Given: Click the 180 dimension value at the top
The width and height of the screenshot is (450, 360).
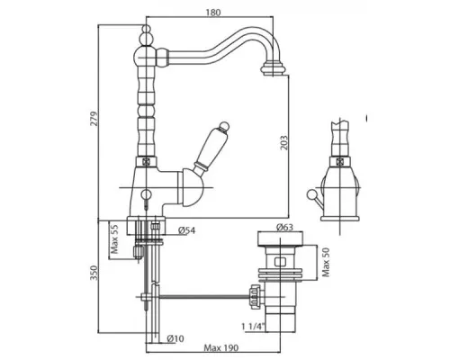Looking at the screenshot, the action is [213, 13].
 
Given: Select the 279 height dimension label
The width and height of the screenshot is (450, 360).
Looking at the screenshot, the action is [94, 119].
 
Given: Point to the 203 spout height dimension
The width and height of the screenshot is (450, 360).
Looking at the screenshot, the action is [283, 142].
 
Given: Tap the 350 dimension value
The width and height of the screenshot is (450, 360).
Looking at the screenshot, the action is [94, 273].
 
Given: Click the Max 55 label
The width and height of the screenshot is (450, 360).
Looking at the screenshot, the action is [114, 239].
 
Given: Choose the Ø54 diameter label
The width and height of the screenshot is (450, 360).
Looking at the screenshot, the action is [186, 230].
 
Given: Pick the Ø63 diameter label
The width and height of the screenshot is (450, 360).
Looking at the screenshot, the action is [284, 227].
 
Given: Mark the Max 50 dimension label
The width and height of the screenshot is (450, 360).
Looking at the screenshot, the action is [326, 262].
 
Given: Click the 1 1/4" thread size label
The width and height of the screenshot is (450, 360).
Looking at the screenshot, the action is [254, 326].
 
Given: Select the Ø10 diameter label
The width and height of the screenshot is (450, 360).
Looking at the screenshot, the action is [175, 338].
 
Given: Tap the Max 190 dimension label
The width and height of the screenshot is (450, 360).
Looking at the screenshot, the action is [221, 348].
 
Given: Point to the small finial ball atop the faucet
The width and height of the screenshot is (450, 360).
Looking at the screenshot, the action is [146, 29].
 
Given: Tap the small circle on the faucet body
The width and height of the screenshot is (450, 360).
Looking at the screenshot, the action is [146, 194].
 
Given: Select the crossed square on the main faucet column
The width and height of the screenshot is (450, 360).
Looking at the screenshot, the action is [146, 161].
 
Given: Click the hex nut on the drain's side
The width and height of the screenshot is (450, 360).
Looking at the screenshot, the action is [255, 297].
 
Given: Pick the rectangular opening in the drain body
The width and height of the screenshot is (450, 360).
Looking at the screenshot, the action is [280, 262].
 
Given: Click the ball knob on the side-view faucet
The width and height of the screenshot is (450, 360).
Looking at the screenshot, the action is [310, 194].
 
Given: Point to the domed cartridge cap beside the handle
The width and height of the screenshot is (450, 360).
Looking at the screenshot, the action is [191, 188].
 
